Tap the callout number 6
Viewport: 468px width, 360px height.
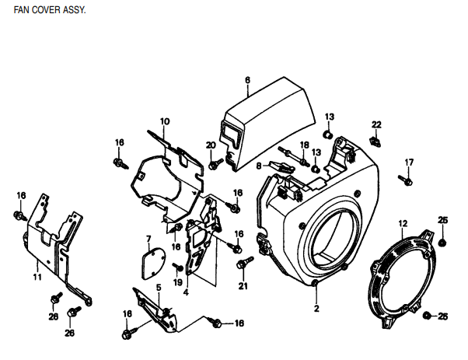click(247, 80)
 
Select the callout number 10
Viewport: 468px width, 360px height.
click(165, 121)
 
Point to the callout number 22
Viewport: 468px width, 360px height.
click(376, 124)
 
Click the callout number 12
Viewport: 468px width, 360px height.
click(403, 224)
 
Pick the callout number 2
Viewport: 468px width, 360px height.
click(316, 309)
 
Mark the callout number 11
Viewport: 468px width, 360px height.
click(37, 276)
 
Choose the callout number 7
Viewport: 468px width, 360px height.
click(148, 238)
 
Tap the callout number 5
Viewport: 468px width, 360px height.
click(158, 287)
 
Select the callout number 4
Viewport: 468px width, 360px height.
click(186, 293)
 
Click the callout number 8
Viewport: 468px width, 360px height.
click(260, 166)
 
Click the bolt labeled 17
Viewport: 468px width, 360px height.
click(404, 180)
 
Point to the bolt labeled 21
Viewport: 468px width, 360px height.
click(244, 264)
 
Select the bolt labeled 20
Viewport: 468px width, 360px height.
click(215, 164)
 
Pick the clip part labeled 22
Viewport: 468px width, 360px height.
click(375, 141)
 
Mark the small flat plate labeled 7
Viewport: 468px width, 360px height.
click(149, 260)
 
